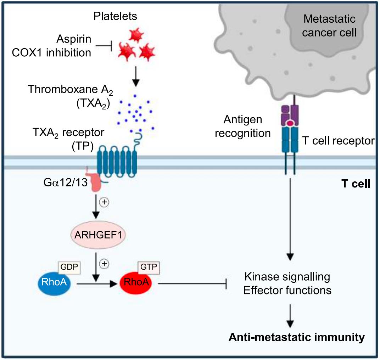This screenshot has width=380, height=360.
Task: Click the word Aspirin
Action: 75,39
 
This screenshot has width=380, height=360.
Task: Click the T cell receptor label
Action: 338,141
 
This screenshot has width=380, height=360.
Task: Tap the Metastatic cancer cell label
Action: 330,26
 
